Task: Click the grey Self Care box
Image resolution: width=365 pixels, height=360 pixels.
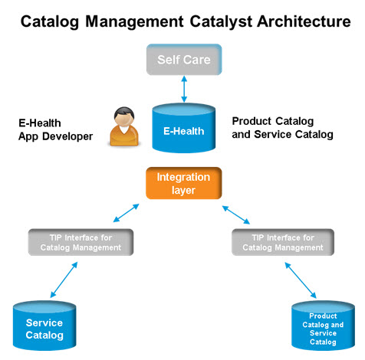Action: click(x=184, y=59)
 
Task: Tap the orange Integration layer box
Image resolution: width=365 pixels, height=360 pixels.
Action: click(x=183, y=183)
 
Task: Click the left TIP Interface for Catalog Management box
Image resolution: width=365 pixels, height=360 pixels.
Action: click(x=81, y=242)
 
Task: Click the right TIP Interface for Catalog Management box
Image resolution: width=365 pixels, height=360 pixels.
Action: click(x=284, y=242)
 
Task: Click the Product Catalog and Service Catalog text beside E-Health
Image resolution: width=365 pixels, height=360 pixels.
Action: click(x=282, y=128)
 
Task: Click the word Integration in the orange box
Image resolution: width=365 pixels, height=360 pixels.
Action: click(x=183, y=177)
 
